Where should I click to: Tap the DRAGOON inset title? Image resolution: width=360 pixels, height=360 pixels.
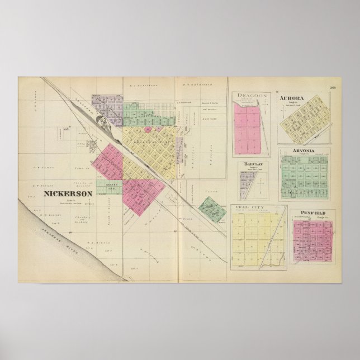[x=249, y=96]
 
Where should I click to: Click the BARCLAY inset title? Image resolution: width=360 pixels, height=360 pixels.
[x=253, y=164]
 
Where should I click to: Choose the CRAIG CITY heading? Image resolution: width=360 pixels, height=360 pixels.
[x=250, y=207]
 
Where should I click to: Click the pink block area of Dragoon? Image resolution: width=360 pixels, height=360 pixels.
[x=247, y=129]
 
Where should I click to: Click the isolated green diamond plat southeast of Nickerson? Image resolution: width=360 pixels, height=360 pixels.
[x=212, y=209]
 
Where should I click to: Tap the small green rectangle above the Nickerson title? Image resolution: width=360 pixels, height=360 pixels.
[x=109, y=187]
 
